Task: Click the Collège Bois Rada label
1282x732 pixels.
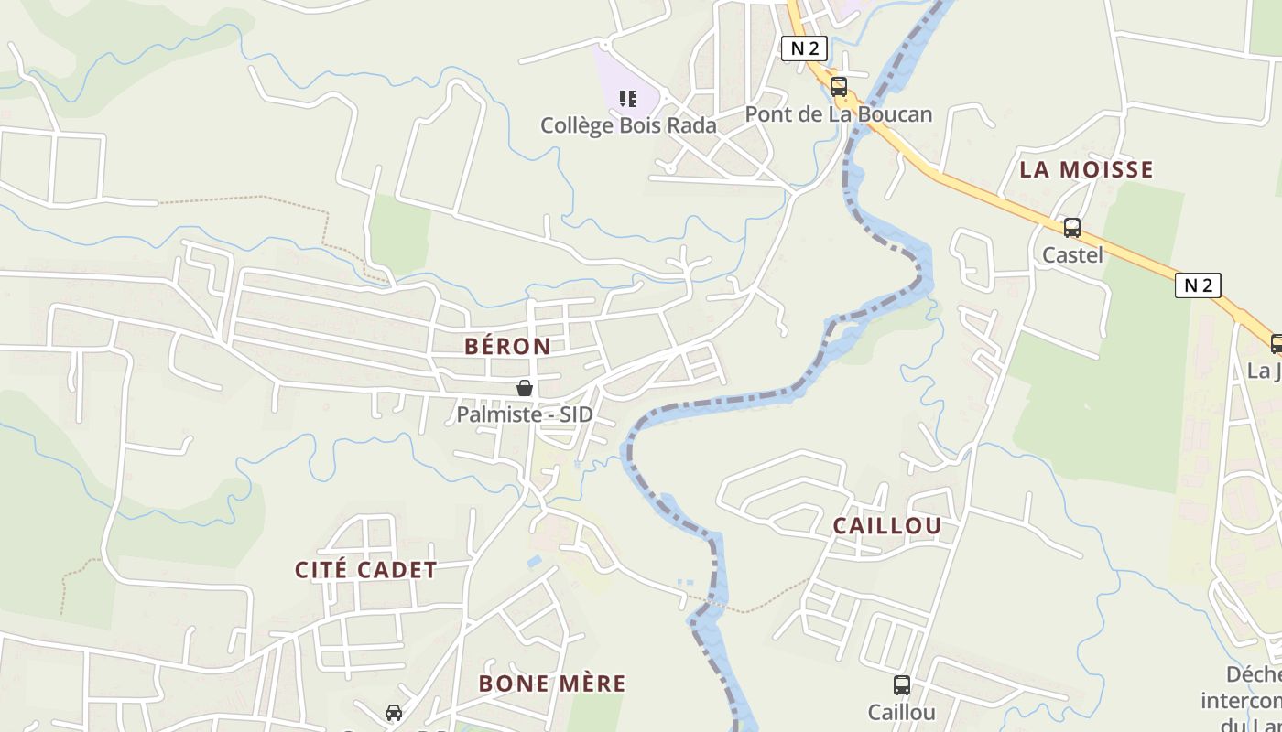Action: click(628, 125)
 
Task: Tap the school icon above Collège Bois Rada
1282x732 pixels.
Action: click(627, 98)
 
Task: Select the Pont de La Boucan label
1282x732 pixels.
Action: click(838, 114)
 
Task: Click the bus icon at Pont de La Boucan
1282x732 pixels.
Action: click(838, 87)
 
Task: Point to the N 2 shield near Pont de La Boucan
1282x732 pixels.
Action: click(804, 48)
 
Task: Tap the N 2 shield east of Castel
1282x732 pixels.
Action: click(1198, 285)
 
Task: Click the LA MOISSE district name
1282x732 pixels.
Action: click(1086, 169)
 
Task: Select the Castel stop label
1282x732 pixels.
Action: click(1072, 255)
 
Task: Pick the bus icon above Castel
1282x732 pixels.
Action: click(1071, 228)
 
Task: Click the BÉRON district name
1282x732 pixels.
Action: click(507, 346)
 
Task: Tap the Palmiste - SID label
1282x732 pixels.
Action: click(525, 414)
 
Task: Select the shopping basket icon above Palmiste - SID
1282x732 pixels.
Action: click(525, 388)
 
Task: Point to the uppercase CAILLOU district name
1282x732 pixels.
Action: click(886, 525)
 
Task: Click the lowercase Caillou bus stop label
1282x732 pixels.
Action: click(902, 712)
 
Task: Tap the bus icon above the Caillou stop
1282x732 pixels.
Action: click(902, 684)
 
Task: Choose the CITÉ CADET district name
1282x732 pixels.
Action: click(365, 569)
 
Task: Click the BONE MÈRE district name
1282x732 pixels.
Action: click(552, 684)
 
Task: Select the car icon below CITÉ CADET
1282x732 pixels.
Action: click(394, 712)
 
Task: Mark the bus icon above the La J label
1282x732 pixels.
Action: click(1277, 344)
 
